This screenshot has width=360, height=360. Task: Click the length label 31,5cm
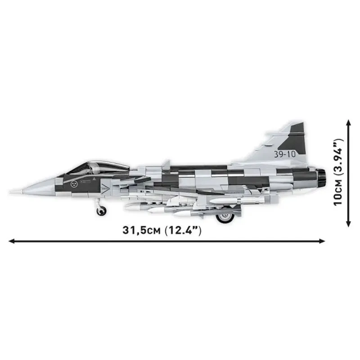pyautogui.click(x=140, y=230)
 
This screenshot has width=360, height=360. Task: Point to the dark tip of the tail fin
pyautogui.click(x=297, y=128)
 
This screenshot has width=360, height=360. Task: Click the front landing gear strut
pyautogui.click(x=99, y=202)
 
